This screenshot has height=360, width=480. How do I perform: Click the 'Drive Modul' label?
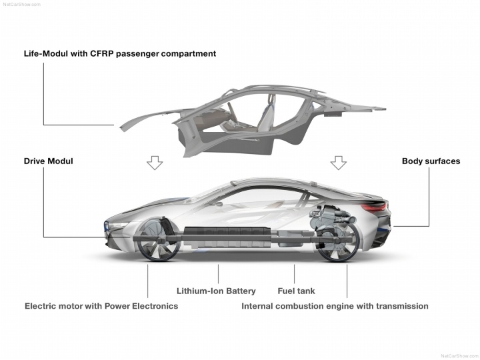coord(49,161)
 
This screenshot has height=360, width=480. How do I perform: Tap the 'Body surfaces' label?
coord(431,161)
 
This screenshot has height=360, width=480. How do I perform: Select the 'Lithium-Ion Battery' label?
coord(216,291)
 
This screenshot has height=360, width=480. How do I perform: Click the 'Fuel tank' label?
coord(296,291)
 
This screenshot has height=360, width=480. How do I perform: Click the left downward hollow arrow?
coord(155,163)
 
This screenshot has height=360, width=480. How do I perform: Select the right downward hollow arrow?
coord(339,163)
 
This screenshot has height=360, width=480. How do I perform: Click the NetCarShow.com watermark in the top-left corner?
coord(22,4)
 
